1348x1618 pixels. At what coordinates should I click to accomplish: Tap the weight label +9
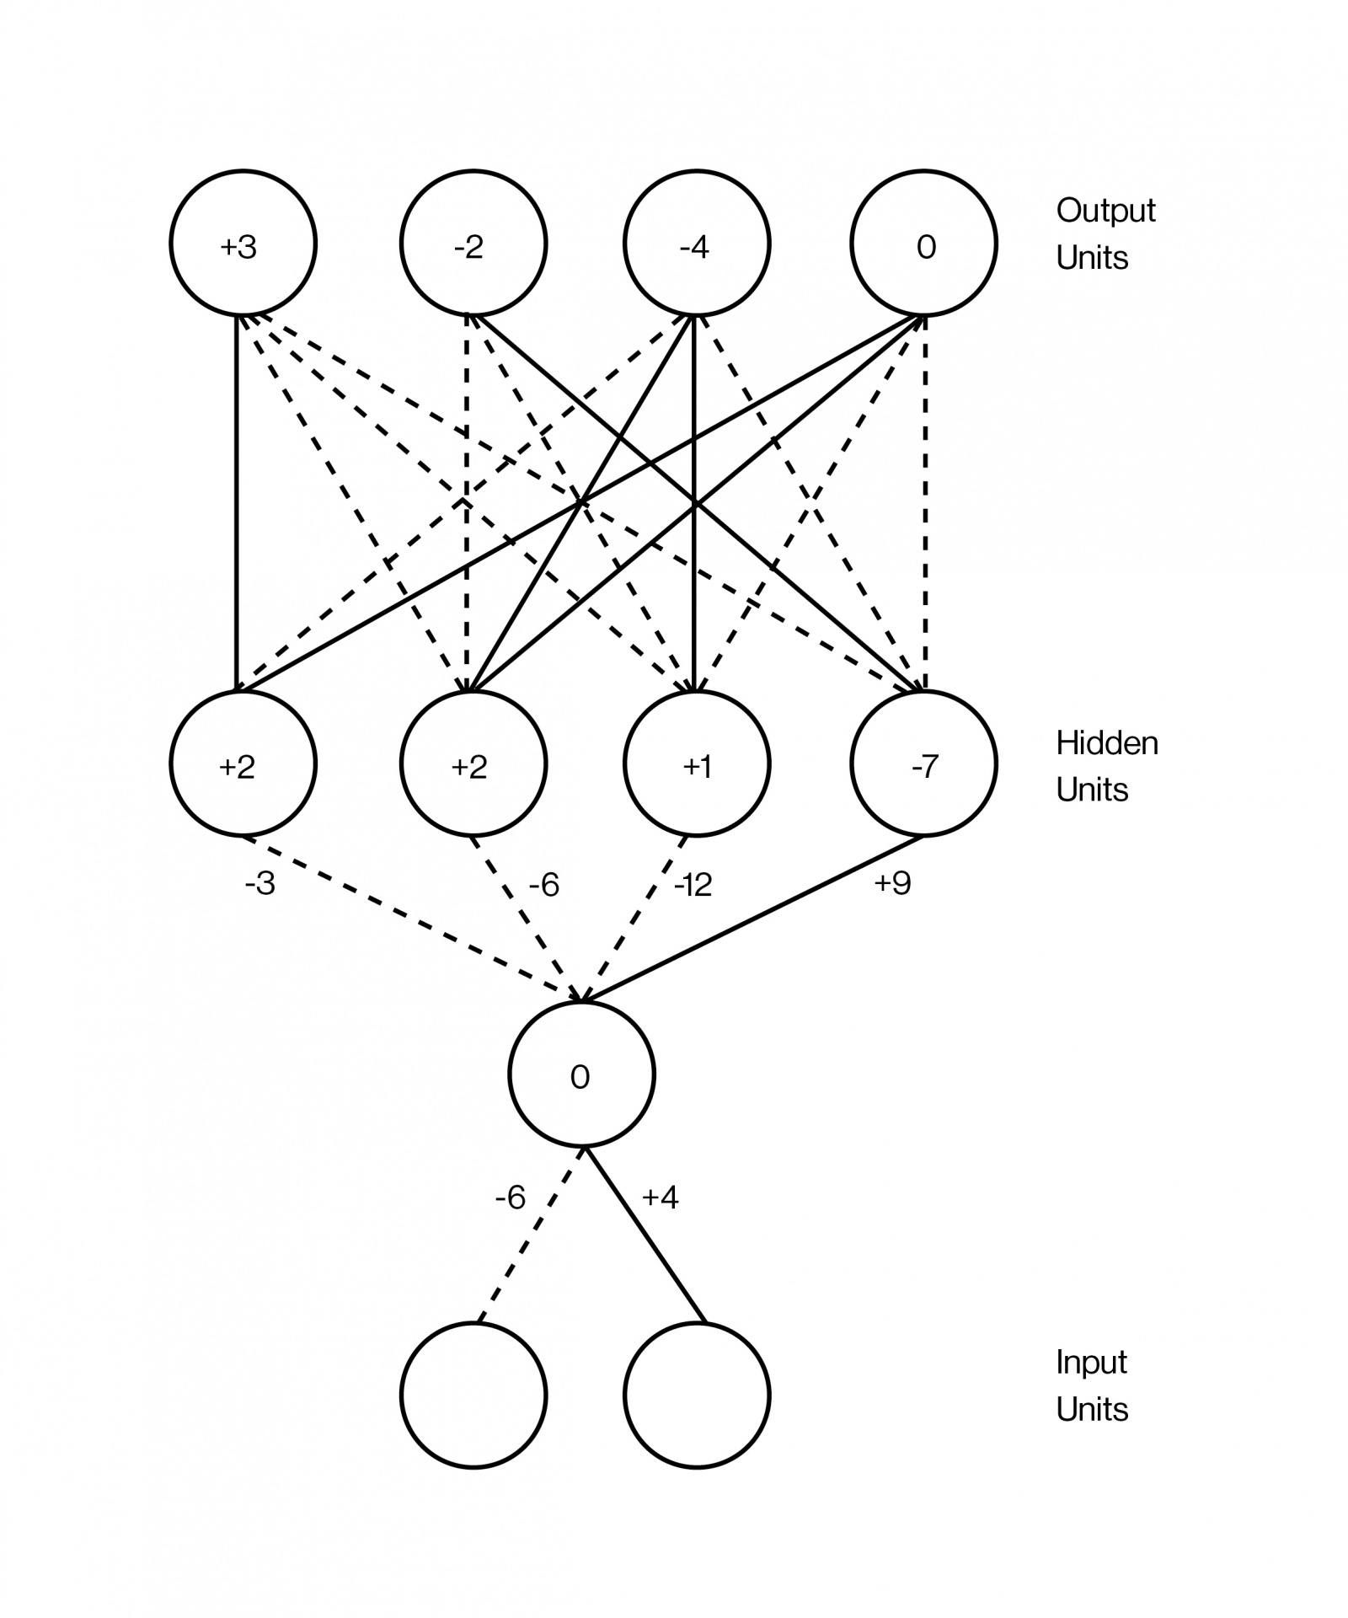coord(893,883)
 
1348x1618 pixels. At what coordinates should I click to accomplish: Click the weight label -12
coord(693,885)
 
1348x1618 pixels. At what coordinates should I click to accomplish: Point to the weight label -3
coord(259,884)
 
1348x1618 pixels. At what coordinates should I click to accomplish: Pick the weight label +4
coord(661,1197)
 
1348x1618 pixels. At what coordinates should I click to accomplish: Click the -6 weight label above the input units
coord(511,1197)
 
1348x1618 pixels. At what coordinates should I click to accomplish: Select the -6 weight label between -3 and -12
coord(544,885)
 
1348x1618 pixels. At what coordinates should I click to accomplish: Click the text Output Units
coord(1105,234)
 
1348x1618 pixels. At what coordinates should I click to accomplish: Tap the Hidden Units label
coord(1107,766)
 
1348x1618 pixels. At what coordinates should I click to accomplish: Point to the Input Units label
coord(1092,1385)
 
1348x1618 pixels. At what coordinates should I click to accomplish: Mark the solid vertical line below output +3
coord(237,504)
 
